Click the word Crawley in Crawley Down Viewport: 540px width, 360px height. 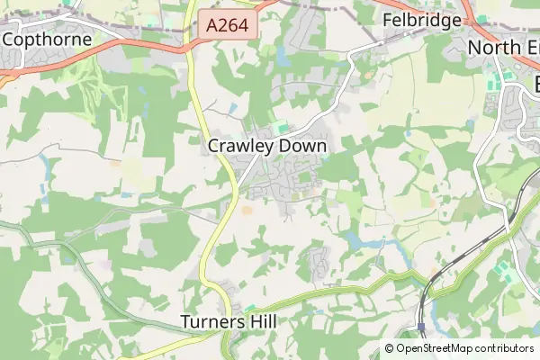coord(238,145)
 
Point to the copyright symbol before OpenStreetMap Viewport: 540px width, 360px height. coord(390,348)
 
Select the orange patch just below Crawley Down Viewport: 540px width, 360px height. coord(247,211)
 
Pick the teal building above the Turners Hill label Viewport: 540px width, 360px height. coord(249,308)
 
